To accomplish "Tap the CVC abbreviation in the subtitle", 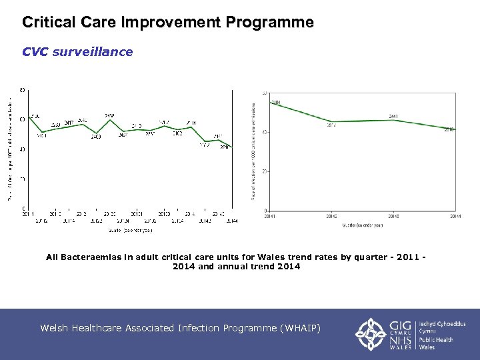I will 35,52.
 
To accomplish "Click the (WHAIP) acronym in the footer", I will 301,328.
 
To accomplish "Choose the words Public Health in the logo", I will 436,340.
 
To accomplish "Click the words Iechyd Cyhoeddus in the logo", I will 443,324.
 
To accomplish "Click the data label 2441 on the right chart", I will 393,116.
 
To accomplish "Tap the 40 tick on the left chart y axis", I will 23,149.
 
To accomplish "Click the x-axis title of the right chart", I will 363,225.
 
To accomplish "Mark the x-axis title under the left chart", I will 130,231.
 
